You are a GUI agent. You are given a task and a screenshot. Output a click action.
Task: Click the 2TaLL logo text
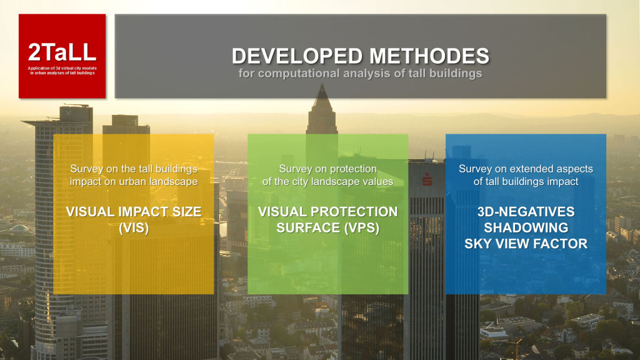pyautogui.click(x=62, y=52)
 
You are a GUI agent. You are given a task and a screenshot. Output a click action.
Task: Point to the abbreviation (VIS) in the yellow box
pyautogui.click(x=134, y=227)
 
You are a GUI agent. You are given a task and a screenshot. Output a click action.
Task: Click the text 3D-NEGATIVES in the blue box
pyautogui.click(x=526, y=212)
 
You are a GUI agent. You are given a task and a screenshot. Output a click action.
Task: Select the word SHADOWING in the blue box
pyautogui.click(x=526, y=227)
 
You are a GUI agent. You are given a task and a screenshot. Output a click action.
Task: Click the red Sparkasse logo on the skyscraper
pyautogui.click(x=427, y=179)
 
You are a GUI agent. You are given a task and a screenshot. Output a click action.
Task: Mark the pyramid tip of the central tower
pyautogui.click(x=322, y=84)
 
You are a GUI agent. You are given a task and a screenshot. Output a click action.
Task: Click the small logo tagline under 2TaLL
pyautogui.click(x=62, y=71)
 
